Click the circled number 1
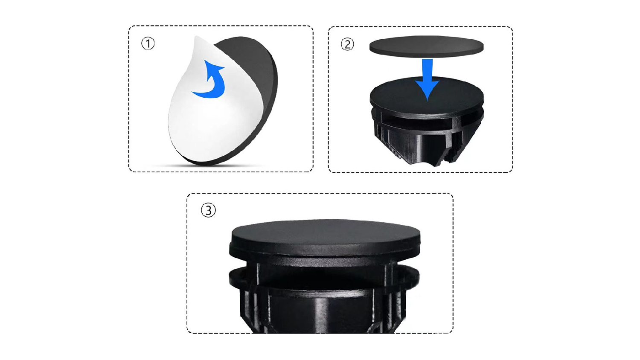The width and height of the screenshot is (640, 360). pos(148,44)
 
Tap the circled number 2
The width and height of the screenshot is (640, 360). pos(347,44)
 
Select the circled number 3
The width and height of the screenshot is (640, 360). pos(208,210)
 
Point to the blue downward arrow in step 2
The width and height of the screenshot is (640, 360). pos(427,80)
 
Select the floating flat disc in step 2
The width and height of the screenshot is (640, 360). pos(426,46)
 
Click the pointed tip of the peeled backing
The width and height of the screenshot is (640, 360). pos(196,36)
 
